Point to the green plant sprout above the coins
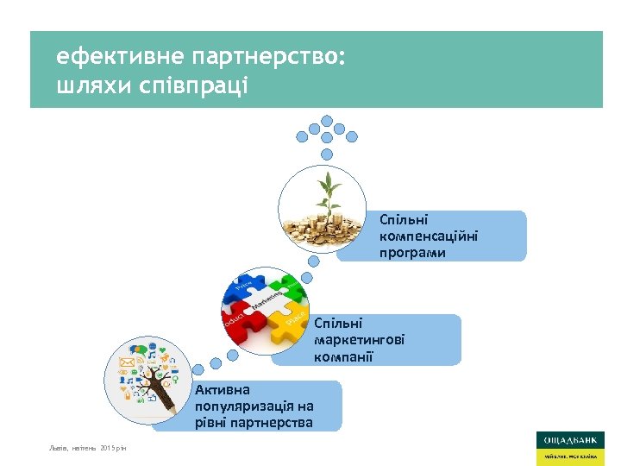327,191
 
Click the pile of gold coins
323,226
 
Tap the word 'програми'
411,253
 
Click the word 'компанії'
343,356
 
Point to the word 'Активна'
222,390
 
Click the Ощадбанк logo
569,447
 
